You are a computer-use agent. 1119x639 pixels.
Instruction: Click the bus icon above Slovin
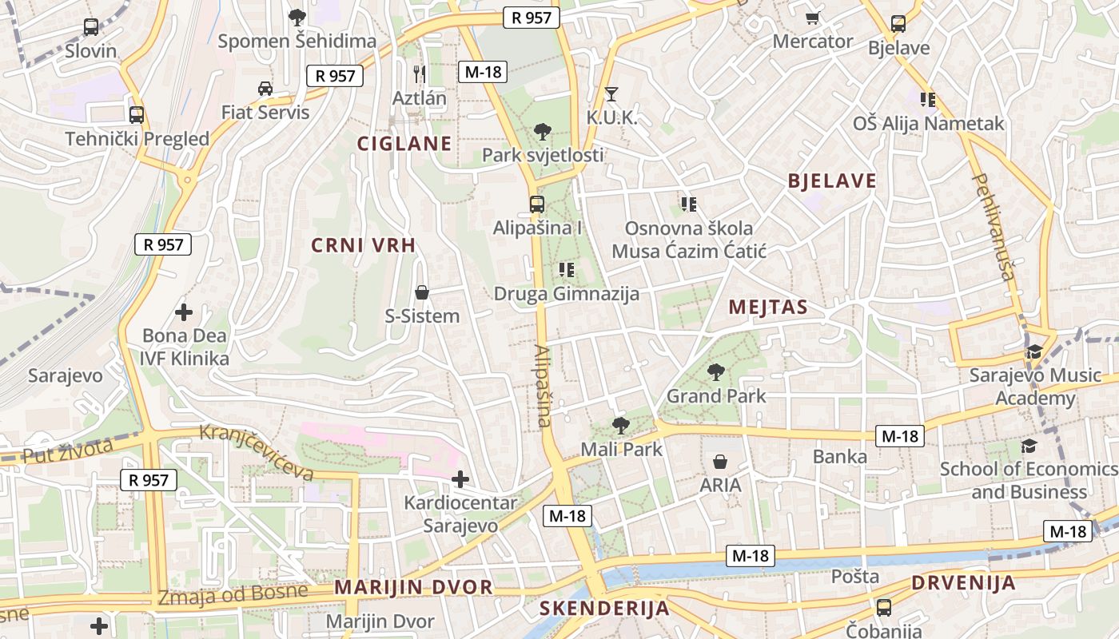[91, 27]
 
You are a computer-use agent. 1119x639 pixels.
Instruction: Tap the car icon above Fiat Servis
[265, 88]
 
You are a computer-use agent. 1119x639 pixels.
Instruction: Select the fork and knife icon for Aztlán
[419, 73]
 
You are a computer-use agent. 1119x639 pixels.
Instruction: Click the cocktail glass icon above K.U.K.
[611, 94]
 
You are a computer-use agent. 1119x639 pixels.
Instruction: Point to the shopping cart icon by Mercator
[813, 18]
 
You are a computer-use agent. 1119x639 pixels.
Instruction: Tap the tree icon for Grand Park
[715, 371]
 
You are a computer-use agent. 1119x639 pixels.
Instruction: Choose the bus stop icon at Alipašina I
[537, 204]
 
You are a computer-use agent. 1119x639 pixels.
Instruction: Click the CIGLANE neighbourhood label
[404, 144]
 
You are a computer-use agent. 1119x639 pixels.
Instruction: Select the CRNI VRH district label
[364, 245]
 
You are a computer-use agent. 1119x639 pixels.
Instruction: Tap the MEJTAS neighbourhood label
[767, 307]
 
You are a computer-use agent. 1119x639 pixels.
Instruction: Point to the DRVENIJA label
[963, 582]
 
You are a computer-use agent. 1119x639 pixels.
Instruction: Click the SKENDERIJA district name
[604, 608]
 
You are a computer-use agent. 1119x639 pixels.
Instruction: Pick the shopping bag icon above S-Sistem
[422, 293]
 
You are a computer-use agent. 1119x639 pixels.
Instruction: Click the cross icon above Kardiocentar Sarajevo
[460, 479]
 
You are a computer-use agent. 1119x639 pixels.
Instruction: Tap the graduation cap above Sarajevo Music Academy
[1034, 352]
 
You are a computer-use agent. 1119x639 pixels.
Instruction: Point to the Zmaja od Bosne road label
[233, 594]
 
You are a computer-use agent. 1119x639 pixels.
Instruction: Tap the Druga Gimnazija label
[567, 294]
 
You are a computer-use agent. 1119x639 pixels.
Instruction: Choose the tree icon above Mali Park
[620, 426]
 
